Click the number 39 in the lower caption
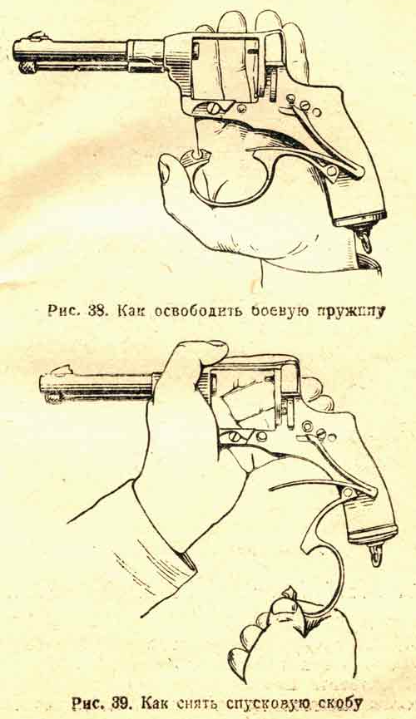coord(121,702)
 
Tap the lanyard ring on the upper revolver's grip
coord(365,239)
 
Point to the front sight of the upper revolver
coord(35,35)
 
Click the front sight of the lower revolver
coord(63,370)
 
